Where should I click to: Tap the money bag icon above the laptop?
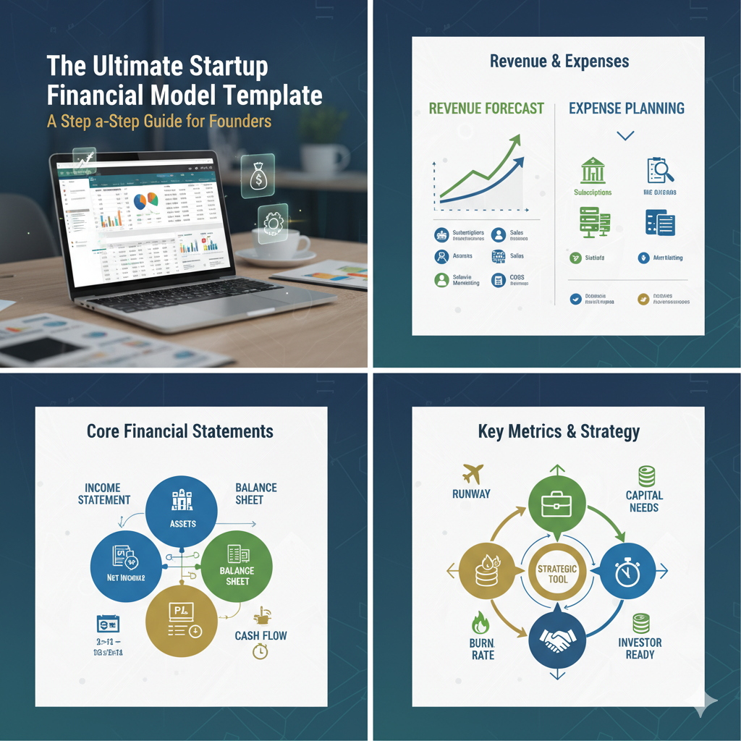tap(257, 174)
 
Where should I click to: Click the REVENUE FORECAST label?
tap(486, 109)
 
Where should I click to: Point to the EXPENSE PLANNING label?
tap(627, 109)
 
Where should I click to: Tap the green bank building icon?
tap(593, 171)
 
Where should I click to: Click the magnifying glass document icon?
tap(660, 171)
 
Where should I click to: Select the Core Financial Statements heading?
tap(180, 431)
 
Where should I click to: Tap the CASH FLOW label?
tap(261, 636)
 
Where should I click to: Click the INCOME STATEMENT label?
tap(104, 494)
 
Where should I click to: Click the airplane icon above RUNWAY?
tap(470, 475)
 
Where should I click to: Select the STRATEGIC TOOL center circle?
tap(557, 574)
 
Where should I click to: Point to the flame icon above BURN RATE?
tap(479, 622)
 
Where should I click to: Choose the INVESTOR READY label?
tap(640, 648)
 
